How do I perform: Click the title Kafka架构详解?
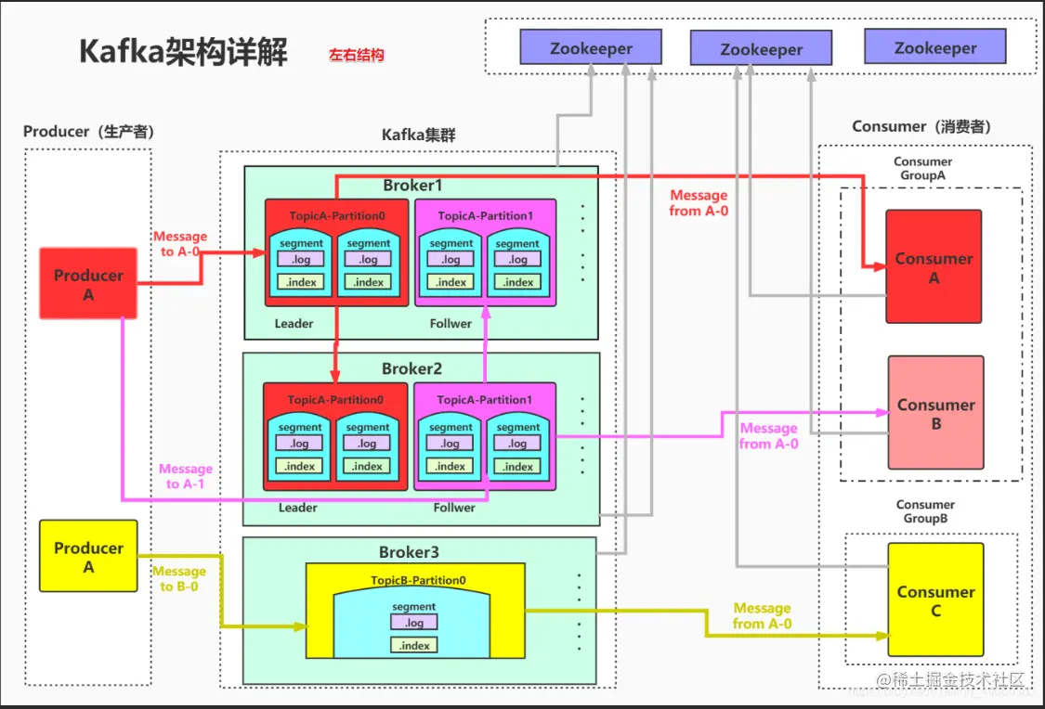tap(183, 52)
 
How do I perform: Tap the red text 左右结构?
tap(356, 56)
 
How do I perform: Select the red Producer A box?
tap(88, 285)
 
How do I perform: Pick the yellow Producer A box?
tap(88, 557)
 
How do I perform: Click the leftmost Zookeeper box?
tap(591, 48)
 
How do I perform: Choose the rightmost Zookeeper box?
tap(935, 47)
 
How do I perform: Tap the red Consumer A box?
tap(934, 267)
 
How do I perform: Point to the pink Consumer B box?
tap(935, 413)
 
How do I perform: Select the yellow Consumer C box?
tap(935, 599)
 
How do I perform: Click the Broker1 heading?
tap(413, 186)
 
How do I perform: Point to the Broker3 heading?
tap(409, 553)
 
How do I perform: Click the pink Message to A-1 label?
tap(186, 476)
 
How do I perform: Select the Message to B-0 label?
tap(179, 578)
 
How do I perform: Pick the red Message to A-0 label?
tap(180, 244)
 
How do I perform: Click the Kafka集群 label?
tap(419, 135)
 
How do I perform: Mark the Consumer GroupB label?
tap(925, 511)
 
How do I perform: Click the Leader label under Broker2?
tap(297, 508)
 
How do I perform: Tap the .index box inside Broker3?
tap(414, 645)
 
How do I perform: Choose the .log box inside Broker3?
tap(414, 624)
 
